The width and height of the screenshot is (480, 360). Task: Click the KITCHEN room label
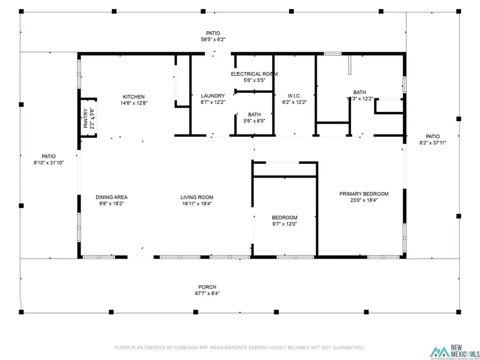[133, 97]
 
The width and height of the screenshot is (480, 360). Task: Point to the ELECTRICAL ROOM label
[254, 74]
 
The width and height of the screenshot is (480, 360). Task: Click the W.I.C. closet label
[294, 96]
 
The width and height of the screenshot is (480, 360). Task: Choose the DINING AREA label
[111, 197]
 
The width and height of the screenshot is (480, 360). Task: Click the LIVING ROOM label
[197, 197]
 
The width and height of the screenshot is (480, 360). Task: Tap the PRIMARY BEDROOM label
[364, 194]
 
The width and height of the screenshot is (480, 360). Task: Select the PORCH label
[207, 287]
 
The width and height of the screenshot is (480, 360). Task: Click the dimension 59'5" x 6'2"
[210, 39]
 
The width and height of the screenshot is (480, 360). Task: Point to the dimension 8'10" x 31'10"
[49, 163]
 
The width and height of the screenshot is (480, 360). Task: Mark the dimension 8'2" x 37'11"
[433, 142]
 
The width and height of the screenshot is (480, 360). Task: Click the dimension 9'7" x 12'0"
[284, 224]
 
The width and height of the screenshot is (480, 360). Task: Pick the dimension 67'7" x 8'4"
[207, 293]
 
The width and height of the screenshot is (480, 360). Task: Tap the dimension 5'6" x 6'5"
[254, 121]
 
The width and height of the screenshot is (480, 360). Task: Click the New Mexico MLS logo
[455, 351]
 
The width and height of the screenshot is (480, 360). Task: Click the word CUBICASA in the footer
[191, 348]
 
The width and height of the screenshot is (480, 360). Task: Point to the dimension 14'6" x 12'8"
[133, 103]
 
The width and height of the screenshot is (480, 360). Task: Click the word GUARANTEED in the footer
[345, 348]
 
